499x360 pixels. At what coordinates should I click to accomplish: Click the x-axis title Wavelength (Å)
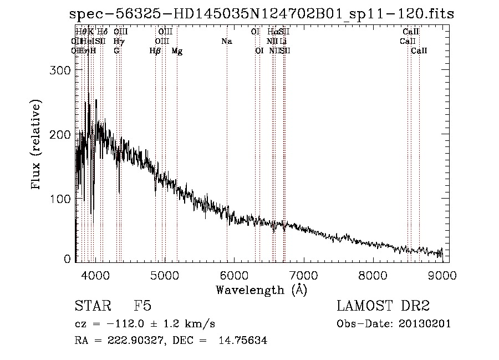pos(261,290)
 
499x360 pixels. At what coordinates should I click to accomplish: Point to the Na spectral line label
pos(226,42)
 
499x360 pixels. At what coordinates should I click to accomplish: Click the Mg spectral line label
pos(177,51)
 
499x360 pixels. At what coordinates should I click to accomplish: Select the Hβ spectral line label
pos(155,51)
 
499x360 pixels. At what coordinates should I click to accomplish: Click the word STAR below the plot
pos(91,307)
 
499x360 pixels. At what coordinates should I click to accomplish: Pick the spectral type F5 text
pos(142,307)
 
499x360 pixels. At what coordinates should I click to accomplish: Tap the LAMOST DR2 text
pos(384,307)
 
